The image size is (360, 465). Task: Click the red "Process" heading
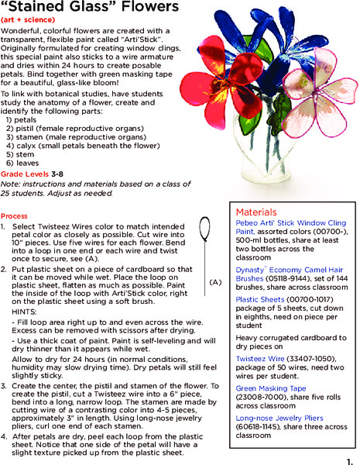coord(14,216)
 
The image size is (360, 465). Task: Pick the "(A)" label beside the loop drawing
coord(215,283)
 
